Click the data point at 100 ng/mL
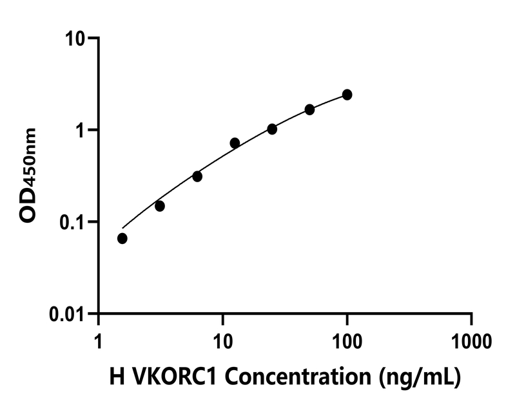[x=347, y=95]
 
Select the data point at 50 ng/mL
[x=310, y=109]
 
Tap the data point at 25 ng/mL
[x=272, y=129]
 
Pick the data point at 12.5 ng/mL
[x=235, y=143]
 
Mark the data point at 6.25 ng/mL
[x=197, y=176]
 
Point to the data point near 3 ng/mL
[x=160, y=206]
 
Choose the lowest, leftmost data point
[x=122, y=239]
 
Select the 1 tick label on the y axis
[x=82, y=131]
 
